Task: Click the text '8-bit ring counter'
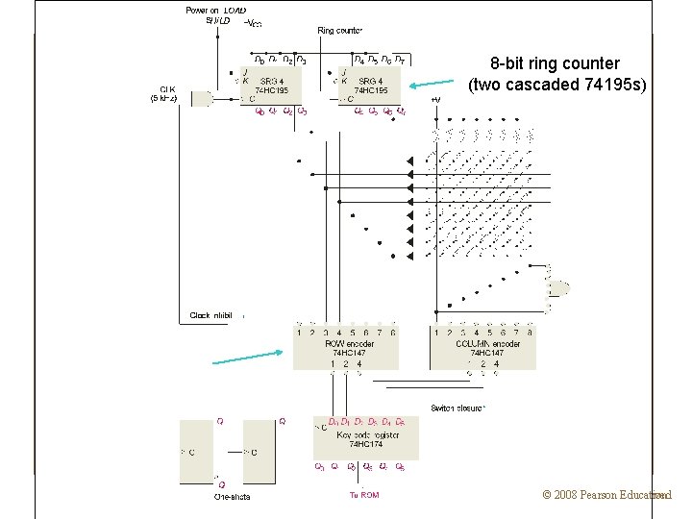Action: pyautogui.click(x=555, y=64)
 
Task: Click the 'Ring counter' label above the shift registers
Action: pyautogui.click(x=339, y=31)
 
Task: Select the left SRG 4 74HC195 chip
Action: pyautogui.click(x=270, y=86)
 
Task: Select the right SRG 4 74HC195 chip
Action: pyautogui.click(x=370, y=86)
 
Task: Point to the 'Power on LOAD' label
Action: pyautogui.click(x=215, y=11)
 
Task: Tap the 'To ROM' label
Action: pyautogui.click(x=363, y=495)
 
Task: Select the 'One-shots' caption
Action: pyautogui.click(x=235, y=497)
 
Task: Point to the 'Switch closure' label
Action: pyautogui.click(x=457, y=408)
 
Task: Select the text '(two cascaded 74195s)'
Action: pyautogui.click(x=557, y=85)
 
